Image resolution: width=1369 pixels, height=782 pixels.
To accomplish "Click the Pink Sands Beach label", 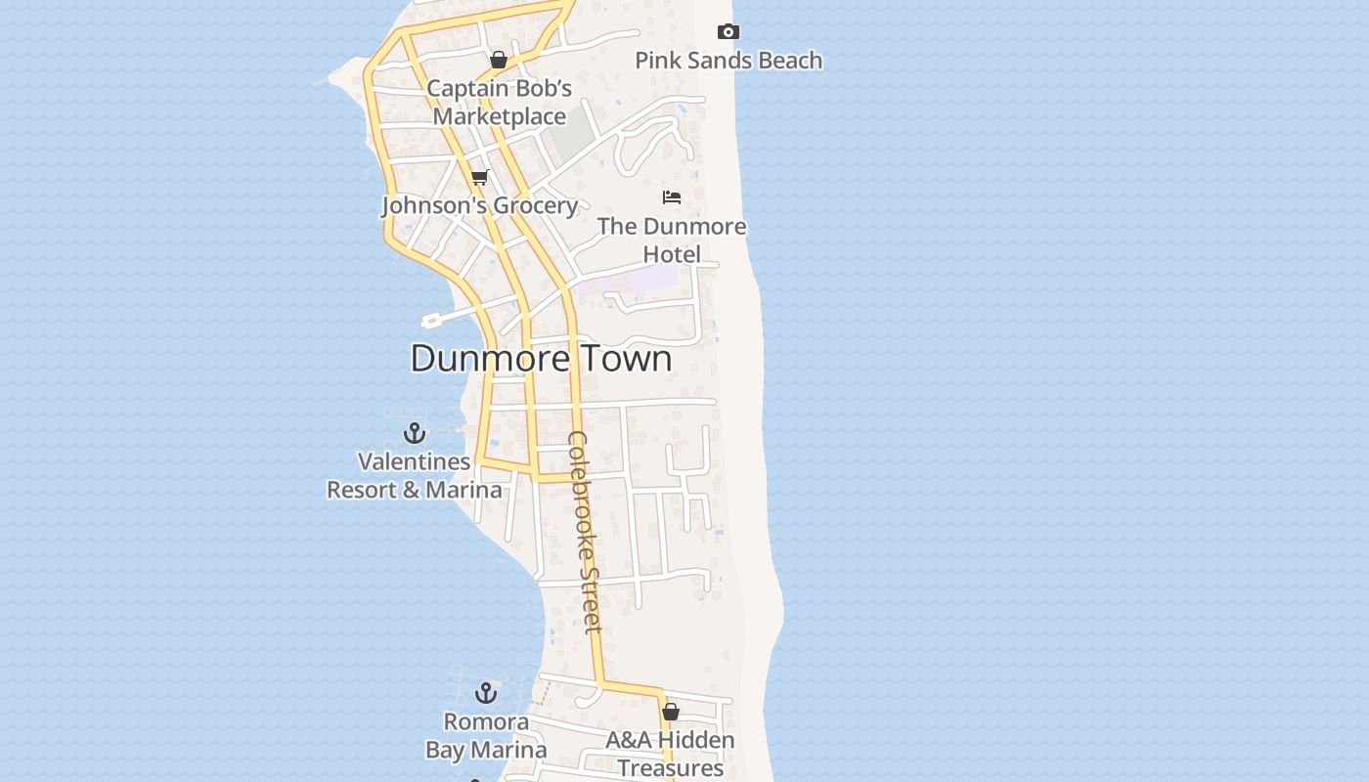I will click(x=729, y=61).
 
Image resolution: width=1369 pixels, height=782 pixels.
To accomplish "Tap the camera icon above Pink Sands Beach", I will click(x=728, y=32).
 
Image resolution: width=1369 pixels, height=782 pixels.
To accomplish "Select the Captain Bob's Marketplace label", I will click(x=499, y=103).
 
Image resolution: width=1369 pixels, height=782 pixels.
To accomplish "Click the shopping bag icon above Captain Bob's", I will click(x=499, y=60).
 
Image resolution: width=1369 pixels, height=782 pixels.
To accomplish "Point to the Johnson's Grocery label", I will click(x=479, y=205).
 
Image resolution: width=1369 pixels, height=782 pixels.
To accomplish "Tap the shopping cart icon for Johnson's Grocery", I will click(x=479, y=177).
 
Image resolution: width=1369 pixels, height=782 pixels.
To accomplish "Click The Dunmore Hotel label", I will click(x=672, y=240).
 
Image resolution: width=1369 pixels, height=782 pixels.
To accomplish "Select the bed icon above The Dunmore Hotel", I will click(x=672, y=197).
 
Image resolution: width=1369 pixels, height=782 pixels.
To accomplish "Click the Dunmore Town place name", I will click(x=541, y=359).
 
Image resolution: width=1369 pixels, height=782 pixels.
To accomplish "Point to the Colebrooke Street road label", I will click(x=585, y=532).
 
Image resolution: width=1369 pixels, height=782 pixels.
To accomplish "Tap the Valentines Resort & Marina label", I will click(x=415, y=475).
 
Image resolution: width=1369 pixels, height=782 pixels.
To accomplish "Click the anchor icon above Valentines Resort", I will click(x=415, y=433).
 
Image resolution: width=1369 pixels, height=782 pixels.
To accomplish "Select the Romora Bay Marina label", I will click(x=486, y=736).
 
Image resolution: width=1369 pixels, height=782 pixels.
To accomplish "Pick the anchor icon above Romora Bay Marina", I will click(x=486, y=694).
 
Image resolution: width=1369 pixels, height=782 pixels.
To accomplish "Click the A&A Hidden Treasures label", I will click(x=670, y=754).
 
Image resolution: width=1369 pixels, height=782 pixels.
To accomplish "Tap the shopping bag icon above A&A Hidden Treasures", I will click(x=671, y=712).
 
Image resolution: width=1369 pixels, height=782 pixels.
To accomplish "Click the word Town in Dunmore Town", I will click(x=627, y=359).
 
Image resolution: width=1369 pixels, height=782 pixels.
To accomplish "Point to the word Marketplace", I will click(x=500, y=116).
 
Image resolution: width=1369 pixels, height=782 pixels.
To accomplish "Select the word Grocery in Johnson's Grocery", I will click(x=534, y=205).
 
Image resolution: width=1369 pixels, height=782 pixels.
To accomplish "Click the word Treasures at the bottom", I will click(x=671, y=767).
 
